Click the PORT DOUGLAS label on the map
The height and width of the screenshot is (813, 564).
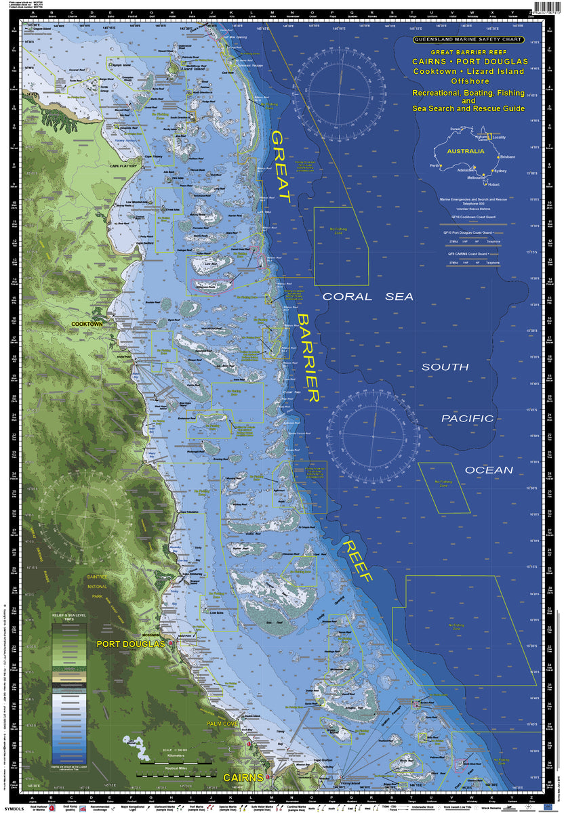(x=130, y=644)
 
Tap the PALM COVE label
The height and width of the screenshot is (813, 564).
(x=222, y=724)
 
